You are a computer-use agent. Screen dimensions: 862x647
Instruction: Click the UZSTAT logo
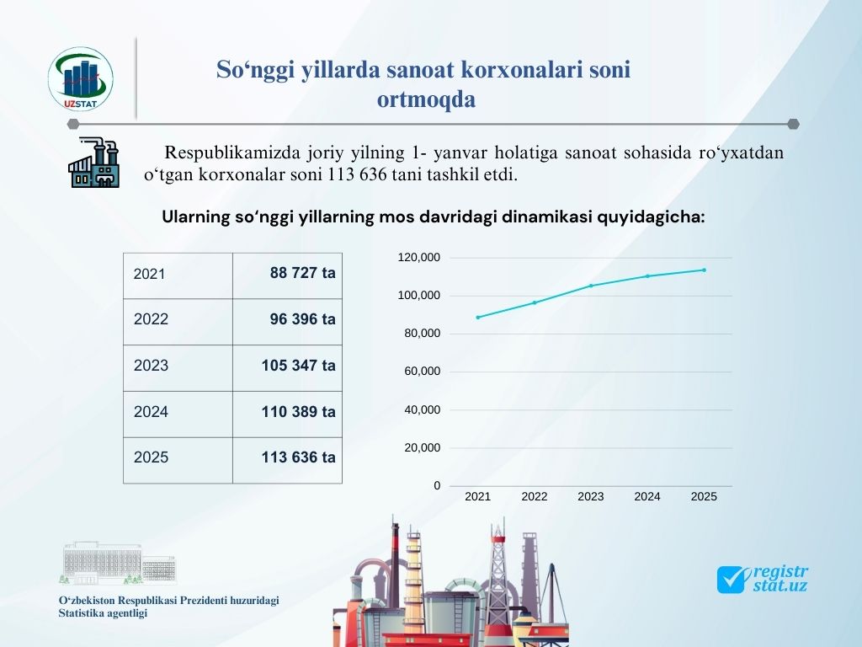coord(80,79)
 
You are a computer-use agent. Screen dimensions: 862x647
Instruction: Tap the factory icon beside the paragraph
coord(94,162)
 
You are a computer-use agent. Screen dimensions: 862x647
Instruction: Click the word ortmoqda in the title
coord(426,99)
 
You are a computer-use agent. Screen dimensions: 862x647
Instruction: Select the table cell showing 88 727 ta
coord(288,276)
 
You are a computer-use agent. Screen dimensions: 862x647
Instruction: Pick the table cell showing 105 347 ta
coord(288,368)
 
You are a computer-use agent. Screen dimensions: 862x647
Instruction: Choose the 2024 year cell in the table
coord(178,414)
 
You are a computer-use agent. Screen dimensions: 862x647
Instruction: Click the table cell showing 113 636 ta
coord(288,461)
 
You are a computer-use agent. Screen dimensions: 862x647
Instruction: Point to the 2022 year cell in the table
coord(178,322)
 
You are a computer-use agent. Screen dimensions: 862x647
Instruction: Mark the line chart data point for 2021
coord(478,318)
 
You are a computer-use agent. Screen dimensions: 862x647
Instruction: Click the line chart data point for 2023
coord(591,286)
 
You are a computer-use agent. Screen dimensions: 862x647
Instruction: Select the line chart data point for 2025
coord(705,270)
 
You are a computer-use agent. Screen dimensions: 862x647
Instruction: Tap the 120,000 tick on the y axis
coord(419,258)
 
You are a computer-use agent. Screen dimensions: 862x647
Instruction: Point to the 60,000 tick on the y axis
coord(423,372)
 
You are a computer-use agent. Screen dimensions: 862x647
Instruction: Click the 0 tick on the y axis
coord(437,486)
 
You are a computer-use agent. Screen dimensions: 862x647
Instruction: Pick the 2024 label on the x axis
coord(647,497)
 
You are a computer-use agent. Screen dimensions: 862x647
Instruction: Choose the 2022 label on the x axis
coord(535,497)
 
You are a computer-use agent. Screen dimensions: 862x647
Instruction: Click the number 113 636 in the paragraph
coord(358,175)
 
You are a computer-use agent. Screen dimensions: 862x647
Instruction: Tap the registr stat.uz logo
coord(763,580)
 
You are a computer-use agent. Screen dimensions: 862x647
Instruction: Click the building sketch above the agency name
coord(118,563)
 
